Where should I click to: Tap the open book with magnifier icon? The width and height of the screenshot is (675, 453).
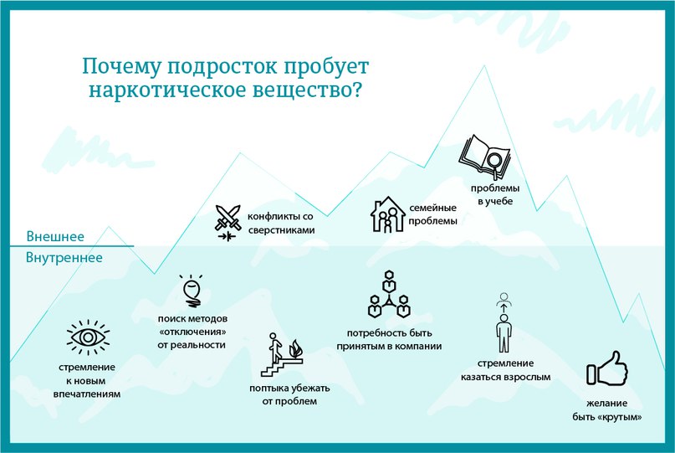click(x=485, y=157)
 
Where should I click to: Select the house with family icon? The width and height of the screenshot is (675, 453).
click(x=387, y=214)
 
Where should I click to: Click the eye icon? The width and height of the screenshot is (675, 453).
click(x=88, y=337)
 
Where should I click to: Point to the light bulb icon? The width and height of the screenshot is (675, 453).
click(x=192, y=291)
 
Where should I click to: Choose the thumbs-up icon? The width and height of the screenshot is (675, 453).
click(x=607, y=368)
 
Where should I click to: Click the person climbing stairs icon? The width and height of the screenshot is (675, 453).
click(x=282, y=354)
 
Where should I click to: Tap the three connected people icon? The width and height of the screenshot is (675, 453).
click(x=389, y=294)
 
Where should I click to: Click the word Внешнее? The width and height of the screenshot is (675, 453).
click(x=55, y=236)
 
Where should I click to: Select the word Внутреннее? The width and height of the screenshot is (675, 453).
click(x=64, y=257)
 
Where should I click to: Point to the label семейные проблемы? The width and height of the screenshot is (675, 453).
click(x=432, y=214)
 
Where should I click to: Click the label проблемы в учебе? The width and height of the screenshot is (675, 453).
click(x=495, y=194)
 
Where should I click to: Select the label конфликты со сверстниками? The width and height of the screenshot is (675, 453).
click(x=281, y=223)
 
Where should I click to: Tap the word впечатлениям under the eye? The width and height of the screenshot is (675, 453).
click(x=87, y=394)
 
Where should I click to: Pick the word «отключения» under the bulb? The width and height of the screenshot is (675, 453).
click(x=192, y=332)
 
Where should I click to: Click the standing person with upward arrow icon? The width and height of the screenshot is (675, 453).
click(x=504, y=322)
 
